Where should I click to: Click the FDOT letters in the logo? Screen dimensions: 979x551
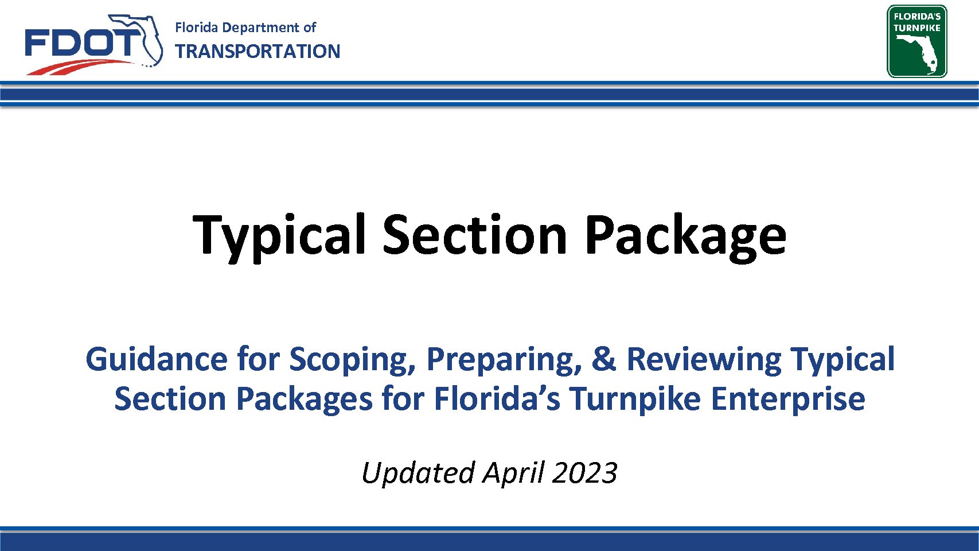pos(80,43)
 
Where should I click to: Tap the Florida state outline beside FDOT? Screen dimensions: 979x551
pos(140,40)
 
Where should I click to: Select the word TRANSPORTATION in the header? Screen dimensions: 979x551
pos(258,52)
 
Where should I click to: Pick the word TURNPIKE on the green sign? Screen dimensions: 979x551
pos(917,28)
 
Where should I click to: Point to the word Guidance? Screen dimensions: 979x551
pos(157,359)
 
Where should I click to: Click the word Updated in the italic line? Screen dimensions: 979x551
pos(418,474)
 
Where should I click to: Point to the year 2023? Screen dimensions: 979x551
pos(585,473)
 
